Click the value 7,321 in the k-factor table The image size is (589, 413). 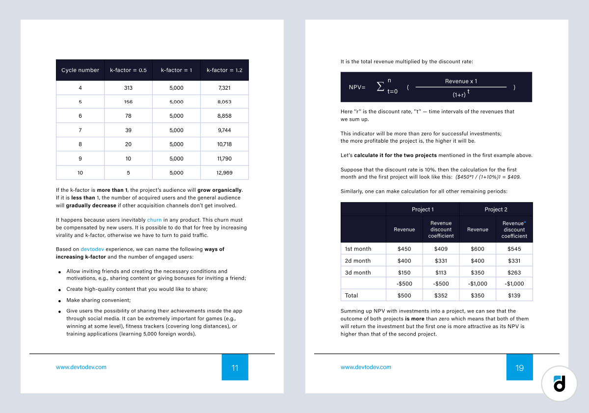click(224, 88)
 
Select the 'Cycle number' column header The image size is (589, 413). click(80, 70)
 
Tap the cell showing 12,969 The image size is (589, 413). click(224, 173)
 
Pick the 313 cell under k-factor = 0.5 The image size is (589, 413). click(129, 88)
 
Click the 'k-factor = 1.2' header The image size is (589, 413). click(224, 70)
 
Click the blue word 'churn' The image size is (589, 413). click(154, 220)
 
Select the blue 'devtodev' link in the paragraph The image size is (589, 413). click(92, 249)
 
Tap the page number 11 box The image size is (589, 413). click(235, 367)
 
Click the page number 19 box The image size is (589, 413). click(519, 367)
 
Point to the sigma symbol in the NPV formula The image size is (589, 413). click(380, 86)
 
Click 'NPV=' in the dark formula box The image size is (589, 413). click(357, 87)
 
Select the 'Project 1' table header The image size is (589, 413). click(423, 209)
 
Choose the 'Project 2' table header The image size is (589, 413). click(496, 209)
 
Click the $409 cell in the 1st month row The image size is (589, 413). click(441, 249)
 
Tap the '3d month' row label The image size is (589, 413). click(358, 273)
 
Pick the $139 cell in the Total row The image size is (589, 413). click(514, 296)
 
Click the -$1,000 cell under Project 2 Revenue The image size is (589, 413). click(477, 284)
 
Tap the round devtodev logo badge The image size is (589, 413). click(559, 383)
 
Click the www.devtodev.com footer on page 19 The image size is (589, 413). click(366, 367)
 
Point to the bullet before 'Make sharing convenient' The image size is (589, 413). click(59, 301)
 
